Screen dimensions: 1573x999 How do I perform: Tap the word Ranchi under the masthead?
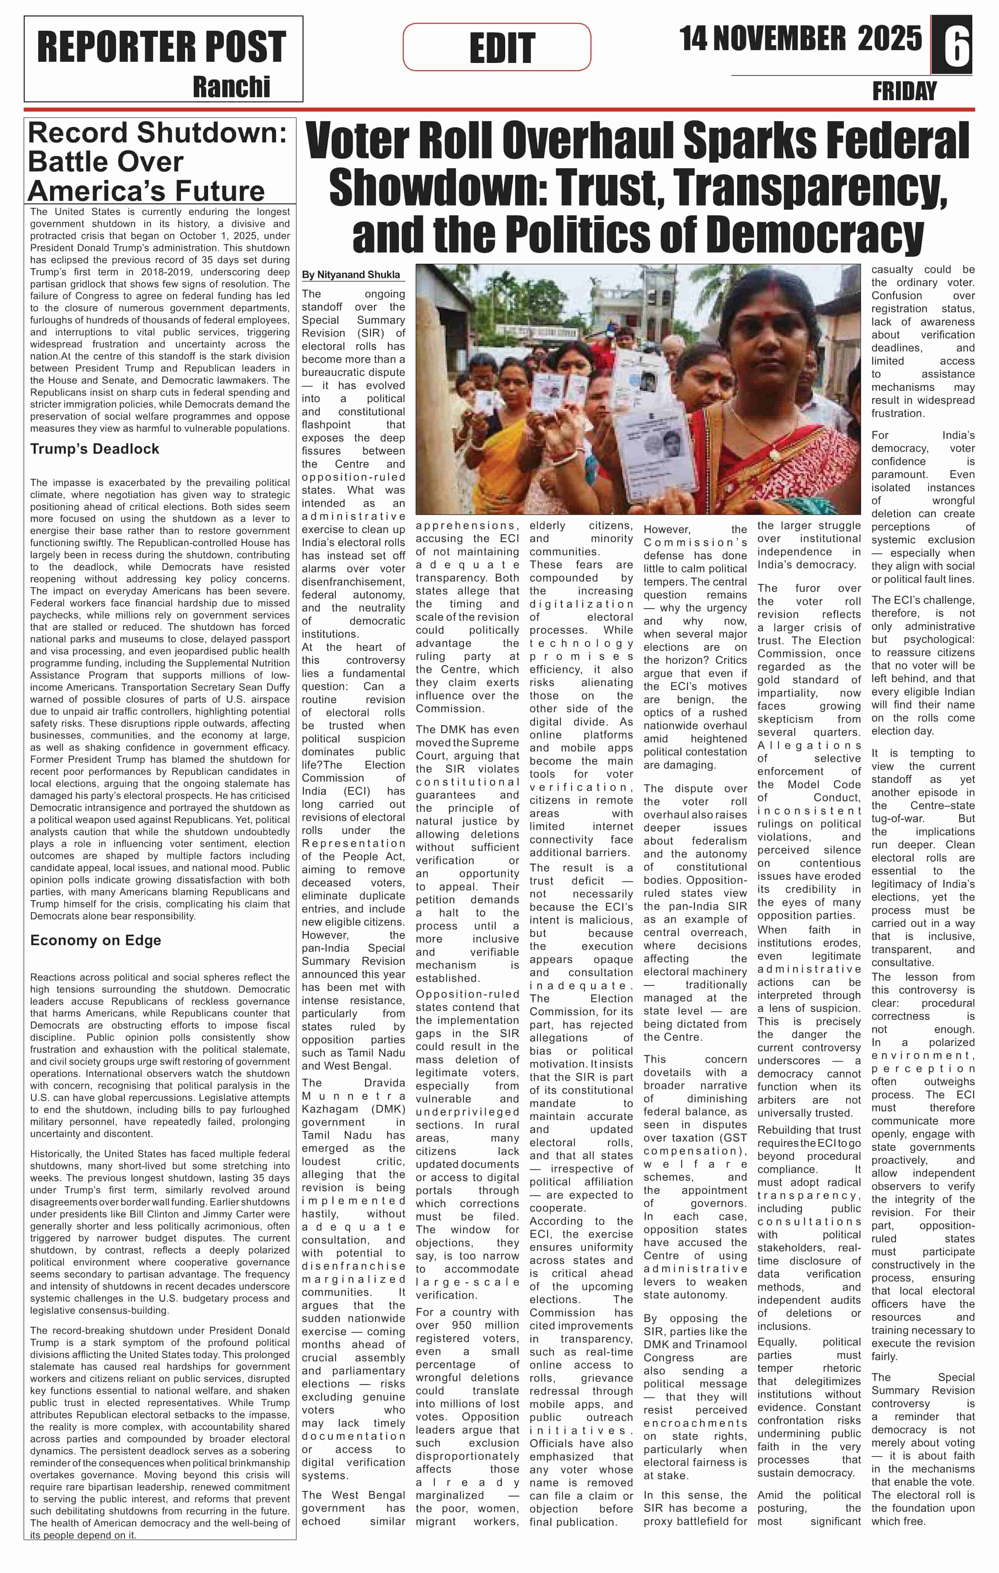click(x=231, y=87)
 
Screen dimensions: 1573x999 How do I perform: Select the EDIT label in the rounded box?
click(x=502, y=48)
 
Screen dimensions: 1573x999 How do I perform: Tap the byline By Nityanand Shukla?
click(x=351, y=275)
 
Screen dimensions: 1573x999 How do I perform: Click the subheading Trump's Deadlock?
click(x=95, y=449)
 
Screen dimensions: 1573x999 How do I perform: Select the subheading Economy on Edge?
click(x=95, y=940)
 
